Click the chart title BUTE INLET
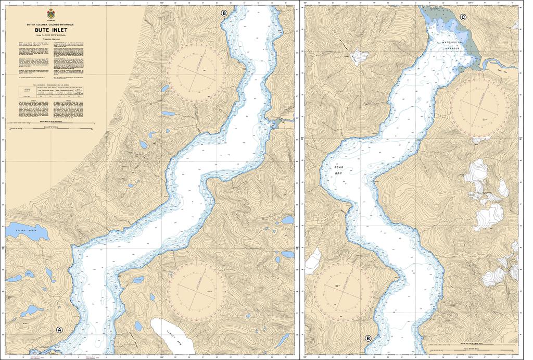tap(50, 30)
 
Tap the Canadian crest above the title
tap(50, 14)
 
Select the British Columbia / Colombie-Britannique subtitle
tap(50, 24)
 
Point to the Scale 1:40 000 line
tap(50, 35)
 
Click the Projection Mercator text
tap(50, 39)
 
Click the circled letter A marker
tap(59, 330)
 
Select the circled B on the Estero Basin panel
tap(224, 13)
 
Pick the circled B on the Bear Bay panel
tap(369, 338)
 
